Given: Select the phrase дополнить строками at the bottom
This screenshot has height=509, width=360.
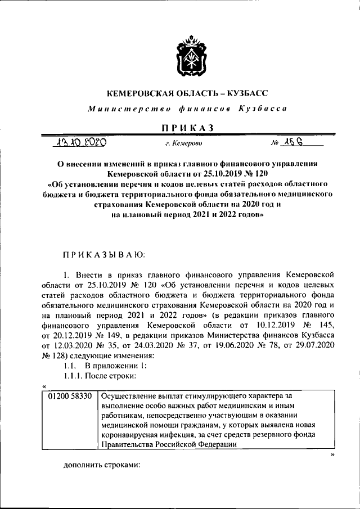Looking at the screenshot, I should click(x=101, y=466).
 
